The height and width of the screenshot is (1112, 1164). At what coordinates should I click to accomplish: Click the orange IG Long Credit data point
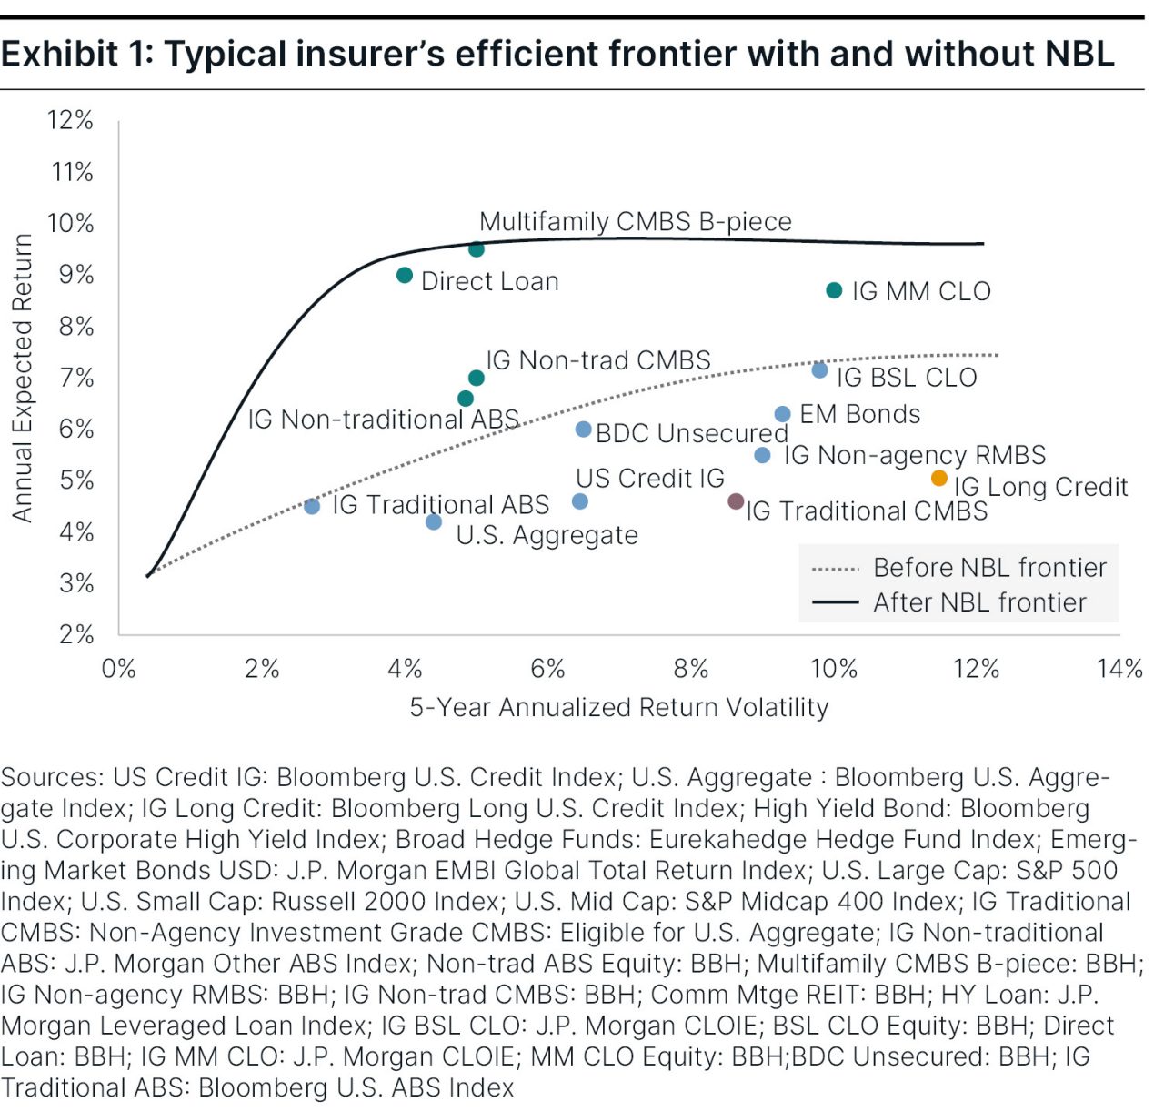(x=939, y=479)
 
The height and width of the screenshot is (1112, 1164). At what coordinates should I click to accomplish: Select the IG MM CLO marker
(x=834, y=290)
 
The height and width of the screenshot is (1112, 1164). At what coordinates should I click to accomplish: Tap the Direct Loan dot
(x=405, y=275)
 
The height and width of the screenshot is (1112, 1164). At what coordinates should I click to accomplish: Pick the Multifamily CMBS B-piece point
(x=477, y=248)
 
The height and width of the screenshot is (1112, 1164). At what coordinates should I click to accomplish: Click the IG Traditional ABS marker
(x=312, y=506)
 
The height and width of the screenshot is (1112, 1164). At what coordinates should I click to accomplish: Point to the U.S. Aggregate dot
(x=434, y=521)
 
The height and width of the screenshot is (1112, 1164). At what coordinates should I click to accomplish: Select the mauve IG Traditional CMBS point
(x=737, y=501)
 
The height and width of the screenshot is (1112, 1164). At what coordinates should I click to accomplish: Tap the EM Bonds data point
(x=782, y=414)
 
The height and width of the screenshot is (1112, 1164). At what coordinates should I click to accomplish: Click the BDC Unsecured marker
(x=584, y=429)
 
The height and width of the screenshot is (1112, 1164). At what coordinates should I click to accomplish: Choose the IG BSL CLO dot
(x=819, y=370)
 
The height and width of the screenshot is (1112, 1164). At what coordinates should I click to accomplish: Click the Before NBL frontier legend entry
(x=989, y=568)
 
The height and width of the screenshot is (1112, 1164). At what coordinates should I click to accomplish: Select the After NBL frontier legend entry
(x=979, y=602)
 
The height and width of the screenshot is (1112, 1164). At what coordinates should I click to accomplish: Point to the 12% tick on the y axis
(x=70, y=120)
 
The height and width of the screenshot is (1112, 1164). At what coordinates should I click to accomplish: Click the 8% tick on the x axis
(x=691, y=669)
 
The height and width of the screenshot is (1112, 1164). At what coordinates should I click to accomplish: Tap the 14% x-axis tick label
(x=1119, y=669)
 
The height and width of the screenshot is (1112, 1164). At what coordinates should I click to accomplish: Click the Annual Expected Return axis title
(x=22, y=378)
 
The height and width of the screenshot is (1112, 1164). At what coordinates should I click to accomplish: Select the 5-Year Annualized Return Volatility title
(x=618, y=707)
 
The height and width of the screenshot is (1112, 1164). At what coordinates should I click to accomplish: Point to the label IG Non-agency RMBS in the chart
(x=915, y=454)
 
